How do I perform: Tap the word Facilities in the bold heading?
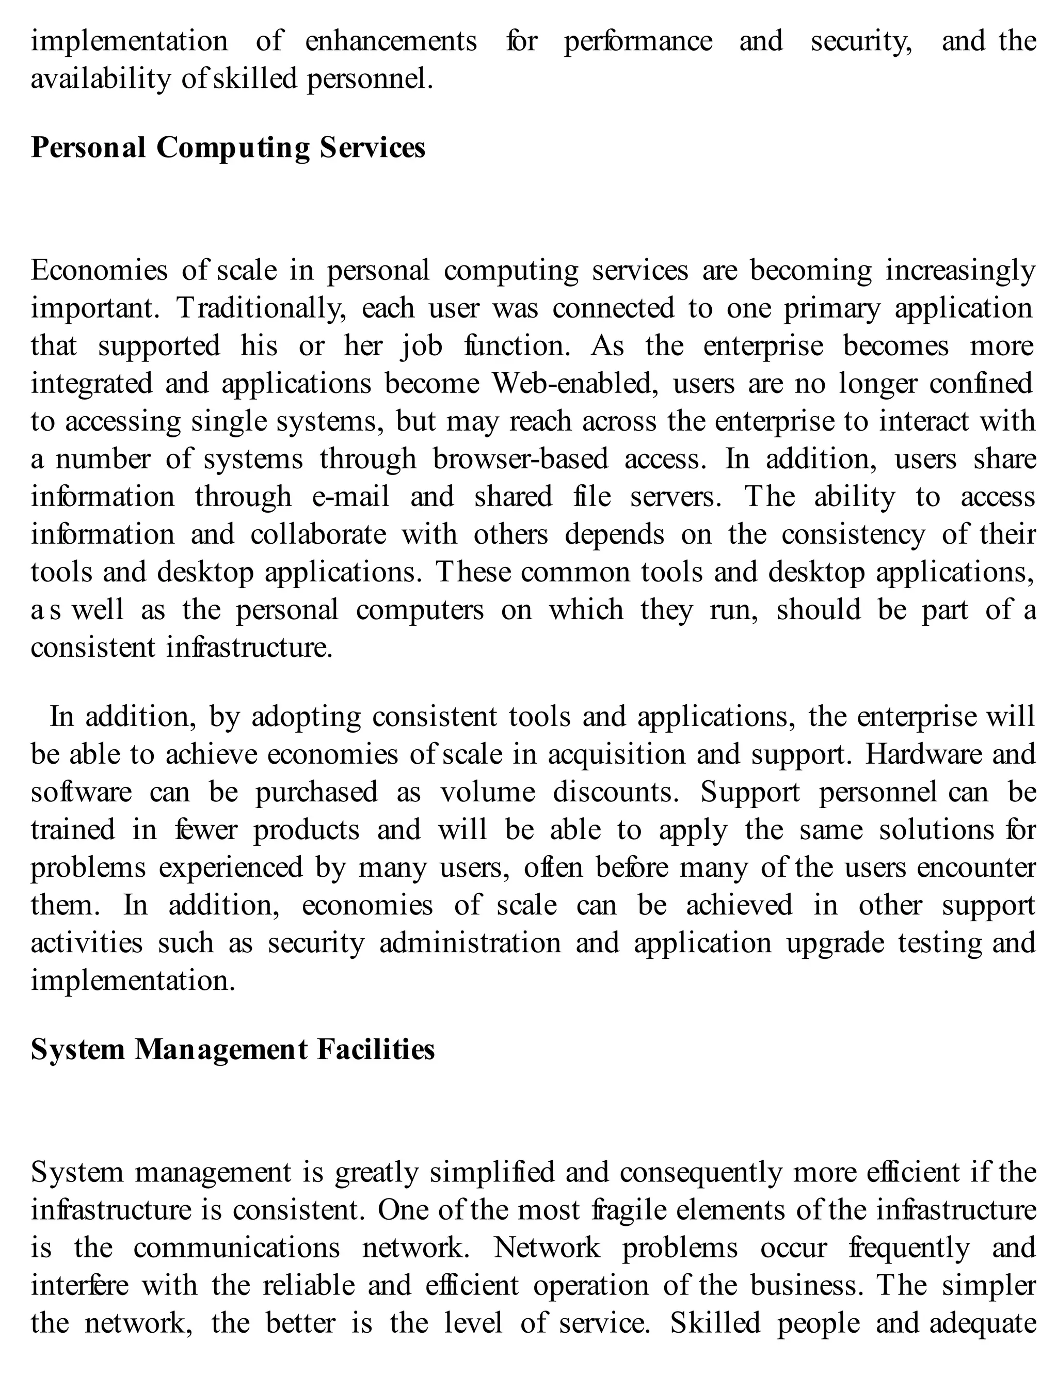pos(376,1050)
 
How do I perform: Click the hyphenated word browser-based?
pos(520,460)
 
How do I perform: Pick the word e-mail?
pos(350,497)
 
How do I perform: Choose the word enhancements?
pos(391,41)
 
